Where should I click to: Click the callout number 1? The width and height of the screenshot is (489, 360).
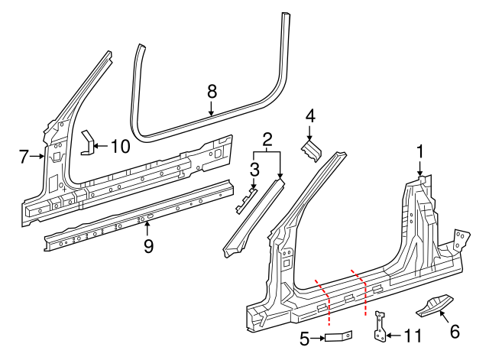(419, 151)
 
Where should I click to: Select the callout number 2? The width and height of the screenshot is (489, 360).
(267, 139)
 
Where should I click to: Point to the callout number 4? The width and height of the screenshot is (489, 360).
(309, 116)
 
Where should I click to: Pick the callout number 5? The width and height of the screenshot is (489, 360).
(303, 336)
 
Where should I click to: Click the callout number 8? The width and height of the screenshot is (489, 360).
(212, 92)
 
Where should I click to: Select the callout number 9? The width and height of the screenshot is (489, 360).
(148, 245)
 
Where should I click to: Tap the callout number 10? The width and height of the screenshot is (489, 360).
(120, 145)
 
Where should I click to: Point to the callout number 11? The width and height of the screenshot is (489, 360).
(412, 335)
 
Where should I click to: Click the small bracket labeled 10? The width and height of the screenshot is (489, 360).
(87, 142)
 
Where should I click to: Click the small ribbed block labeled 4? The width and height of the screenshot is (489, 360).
(309, 150)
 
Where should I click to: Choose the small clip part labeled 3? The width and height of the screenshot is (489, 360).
(244, 201)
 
